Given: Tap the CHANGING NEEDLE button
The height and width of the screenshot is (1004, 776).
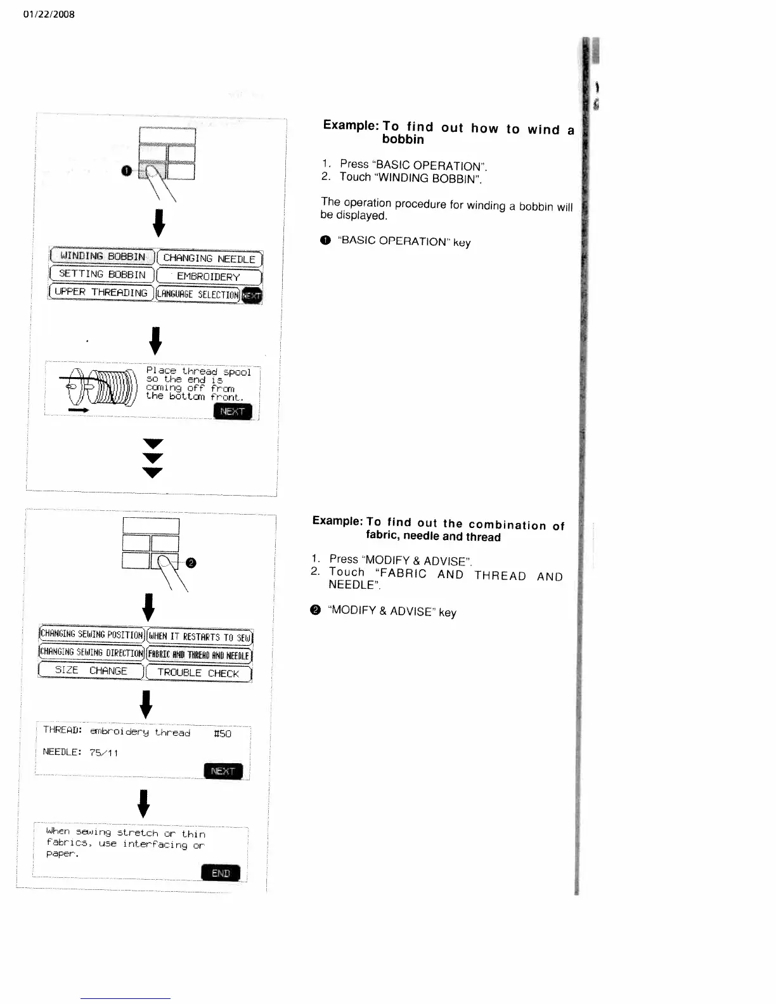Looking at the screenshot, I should [209, 259].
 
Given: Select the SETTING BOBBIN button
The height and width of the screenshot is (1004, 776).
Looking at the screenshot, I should [101, 274].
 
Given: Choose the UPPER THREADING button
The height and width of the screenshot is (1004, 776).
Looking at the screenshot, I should [101, 292].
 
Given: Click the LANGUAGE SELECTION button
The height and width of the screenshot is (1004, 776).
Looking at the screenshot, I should [198, 295].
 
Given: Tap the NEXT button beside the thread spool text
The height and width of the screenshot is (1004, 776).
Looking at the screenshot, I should [233, 411].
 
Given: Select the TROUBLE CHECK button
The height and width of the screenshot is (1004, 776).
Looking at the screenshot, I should [198, 673].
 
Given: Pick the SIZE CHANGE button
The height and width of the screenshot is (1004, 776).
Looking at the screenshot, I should [91, 671].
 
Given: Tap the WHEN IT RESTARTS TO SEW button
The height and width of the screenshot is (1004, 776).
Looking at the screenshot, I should [200, 636].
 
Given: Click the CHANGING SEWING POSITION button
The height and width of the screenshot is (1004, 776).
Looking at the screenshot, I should [92, 634].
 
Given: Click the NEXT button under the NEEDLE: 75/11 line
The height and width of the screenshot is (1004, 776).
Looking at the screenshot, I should [223, 771].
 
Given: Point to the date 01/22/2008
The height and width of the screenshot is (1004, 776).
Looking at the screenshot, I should [48, 14].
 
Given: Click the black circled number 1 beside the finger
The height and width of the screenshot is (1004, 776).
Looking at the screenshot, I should [127, 171].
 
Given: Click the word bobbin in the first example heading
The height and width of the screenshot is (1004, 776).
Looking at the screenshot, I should [403, 139].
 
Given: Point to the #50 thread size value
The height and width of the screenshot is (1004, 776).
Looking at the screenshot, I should [223, 734].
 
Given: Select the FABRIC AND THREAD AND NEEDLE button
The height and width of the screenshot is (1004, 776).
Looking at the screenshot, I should [199, 655].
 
